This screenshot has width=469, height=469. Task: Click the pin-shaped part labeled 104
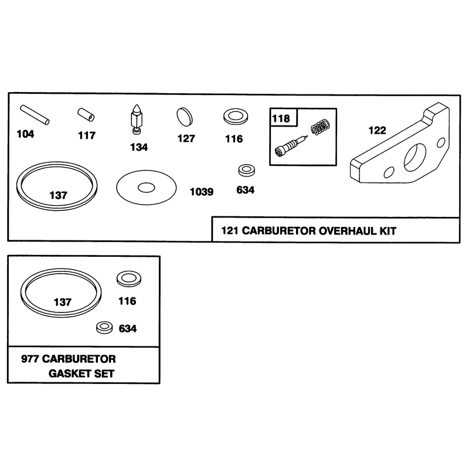[35, 115]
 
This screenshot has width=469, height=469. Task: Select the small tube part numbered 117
[86, 115]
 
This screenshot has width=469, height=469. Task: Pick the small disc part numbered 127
[185, 117]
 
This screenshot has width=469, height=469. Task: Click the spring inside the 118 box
[321, 127]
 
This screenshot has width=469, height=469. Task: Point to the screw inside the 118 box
[291, 146]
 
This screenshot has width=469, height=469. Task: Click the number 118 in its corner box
[281, 118]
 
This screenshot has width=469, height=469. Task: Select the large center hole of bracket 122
[415, 156]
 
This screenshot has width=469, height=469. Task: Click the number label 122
[377, 130]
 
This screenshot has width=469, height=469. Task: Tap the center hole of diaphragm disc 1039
[146, 188]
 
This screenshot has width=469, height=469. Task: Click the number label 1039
[202, 192]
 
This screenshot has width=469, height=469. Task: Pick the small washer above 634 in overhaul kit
[246, 171]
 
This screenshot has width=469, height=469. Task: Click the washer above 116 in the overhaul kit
[236, 116]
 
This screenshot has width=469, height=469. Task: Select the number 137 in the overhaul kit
[58, 195]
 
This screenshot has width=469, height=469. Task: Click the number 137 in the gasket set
[63, 302]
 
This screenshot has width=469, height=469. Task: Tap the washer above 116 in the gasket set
[128, 279]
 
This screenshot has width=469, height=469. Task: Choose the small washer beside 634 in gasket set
[104, 328]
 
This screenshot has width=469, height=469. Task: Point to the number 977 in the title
[30, 359]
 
